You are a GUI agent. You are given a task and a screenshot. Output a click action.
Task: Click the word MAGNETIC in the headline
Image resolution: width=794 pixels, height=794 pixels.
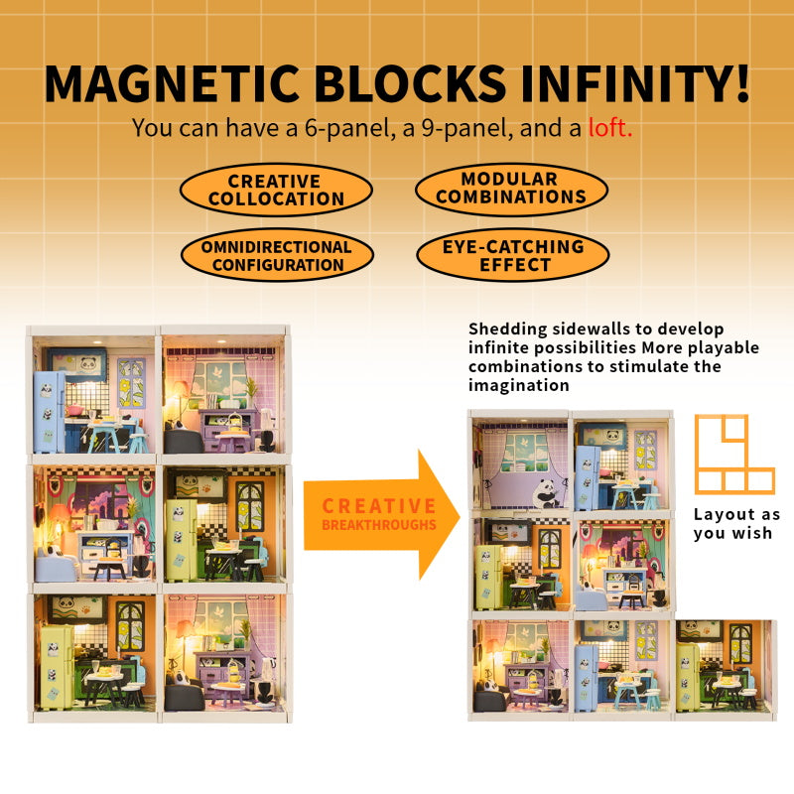coord(172,83)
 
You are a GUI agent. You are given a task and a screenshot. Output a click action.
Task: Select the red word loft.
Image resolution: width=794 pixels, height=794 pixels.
coord(610,128)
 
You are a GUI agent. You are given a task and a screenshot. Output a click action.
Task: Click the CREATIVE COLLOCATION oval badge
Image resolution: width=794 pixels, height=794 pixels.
coord(277,190)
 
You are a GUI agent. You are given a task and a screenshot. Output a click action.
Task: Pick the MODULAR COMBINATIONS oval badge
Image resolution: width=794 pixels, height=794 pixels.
coord(511,189)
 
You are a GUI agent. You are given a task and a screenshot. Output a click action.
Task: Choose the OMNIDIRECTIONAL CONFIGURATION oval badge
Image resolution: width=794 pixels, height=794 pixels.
coord(277,256)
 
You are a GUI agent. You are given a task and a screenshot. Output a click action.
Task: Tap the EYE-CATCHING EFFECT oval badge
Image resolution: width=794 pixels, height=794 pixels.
coord(512,255)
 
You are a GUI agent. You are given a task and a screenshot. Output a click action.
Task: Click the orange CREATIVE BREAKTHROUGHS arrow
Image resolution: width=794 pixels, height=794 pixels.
coord(382,514)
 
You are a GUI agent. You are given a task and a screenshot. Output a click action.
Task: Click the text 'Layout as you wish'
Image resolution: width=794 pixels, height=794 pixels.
coord(736,524)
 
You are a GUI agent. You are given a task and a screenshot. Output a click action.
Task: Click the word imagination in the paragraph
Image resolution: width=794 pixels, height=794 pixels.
coord(518,385)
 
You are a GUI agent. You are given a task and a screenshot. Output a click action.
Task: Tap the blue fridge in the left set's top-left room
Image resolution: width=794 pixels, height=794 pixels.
coord(49,412)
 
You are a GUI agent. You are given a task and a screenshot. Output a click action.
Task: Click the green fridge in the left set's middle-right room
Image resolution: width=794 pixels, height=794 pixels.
coord(182,540)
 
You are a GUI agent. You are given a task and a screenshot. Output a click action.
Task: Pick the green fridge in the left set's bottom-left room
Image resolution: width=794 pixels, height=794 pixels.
coord(58,667)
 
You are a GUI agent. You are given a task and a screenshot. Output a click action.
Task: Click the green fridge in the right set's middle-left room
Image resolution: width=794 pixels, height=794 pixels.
coord(488,577)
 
